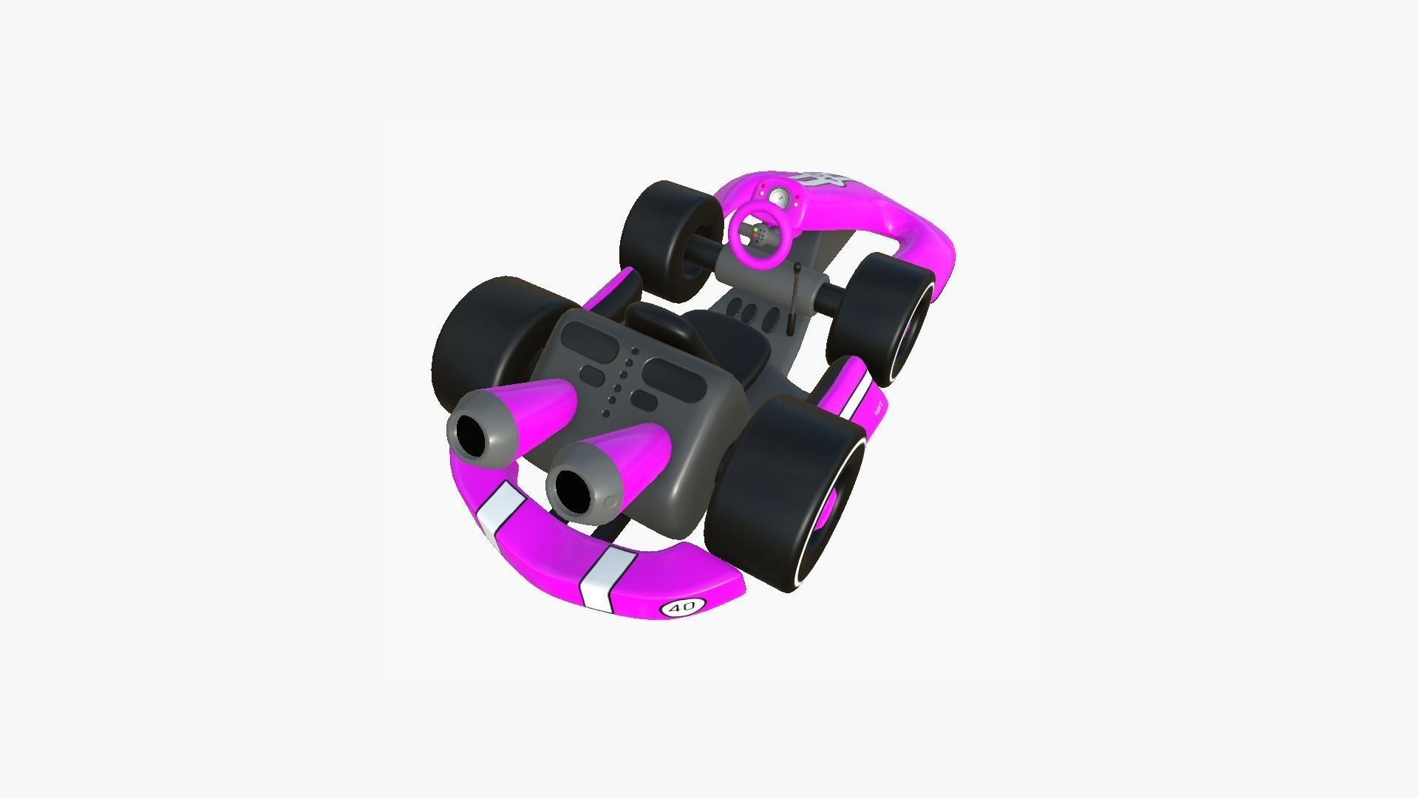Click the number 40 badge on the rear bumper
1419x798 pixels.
coord(681,607)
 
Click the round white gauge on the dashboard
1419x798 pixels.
coord(778,197)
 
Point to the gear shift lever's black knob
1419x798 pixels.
coord(790,325)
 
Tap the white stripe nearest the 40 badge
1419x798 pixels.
coord(600,577)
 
